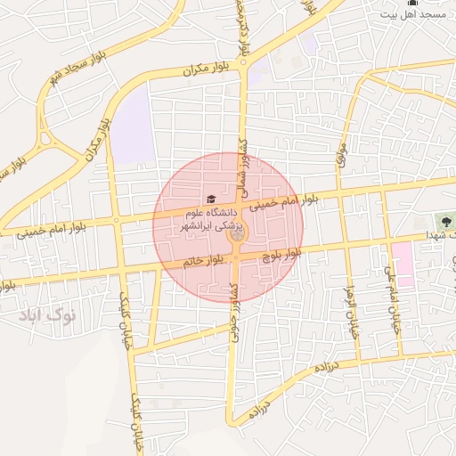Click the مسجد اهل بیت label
[x=413, y=16]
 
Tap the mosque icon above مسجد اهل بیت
[x=411, y=4]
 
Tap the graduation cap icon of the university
[x=210, y=199]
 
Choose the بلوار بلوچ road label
[x=281, y=254]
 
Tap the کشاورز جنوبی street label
[x=233, y=308]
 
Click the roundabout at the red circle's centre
[x=236, y=240]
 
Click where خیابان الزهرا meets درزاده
[x=359, y=362]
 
